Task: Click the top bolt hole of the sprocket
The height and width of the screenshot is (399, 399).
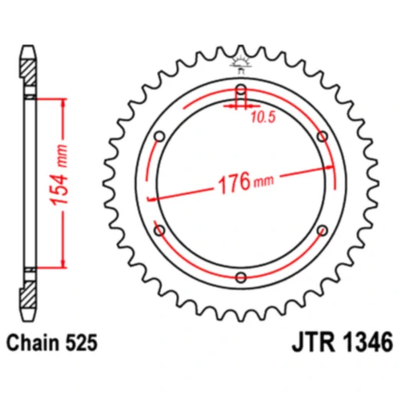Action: [241, 88]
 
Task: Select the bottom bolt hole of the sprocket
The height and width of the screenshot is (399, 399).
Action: [241, 277]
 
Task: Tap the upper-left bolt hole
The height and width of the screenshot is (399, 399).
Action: [159, 136]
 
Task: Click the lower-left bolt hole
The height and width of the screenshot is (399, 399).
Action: [159, 229]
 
